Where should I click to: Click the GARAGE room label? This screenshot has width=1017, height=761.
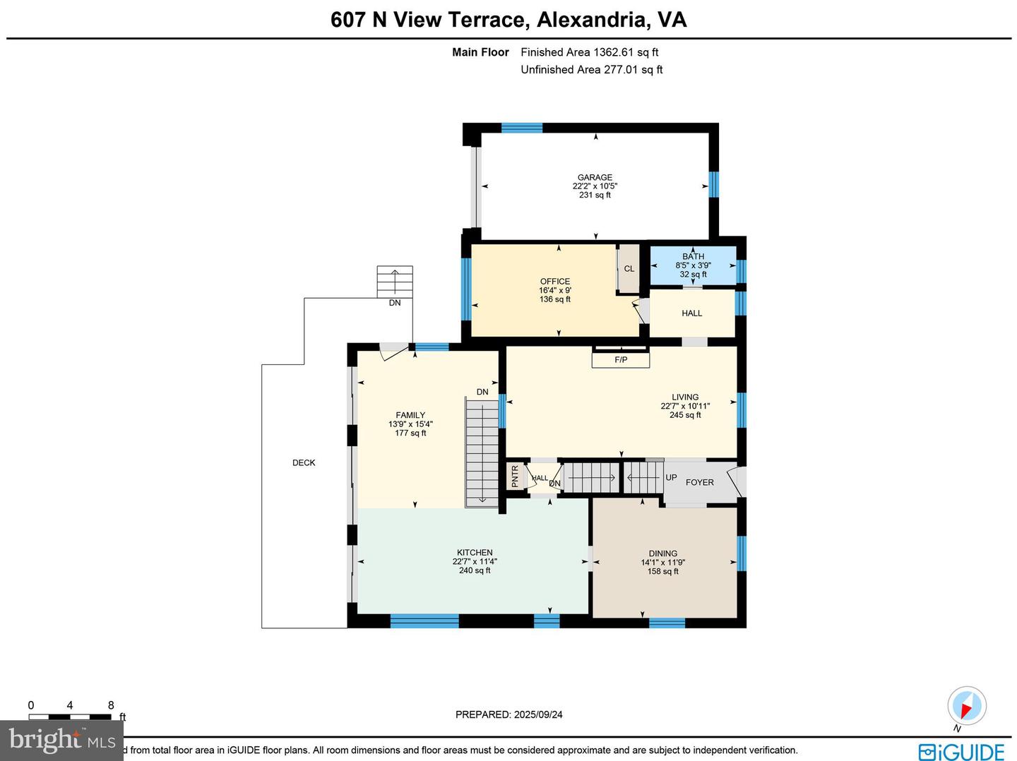coord(595,178)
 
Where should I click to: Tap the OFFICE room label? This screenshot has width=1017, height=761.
coord(555,282)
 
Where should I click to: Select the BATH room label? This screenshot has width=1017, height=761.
coord(693,257)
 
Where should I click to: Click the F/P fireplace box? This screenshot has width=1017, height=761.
coord(621,360)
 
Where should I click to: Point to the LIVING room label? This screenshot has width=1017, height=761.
coord(685,397)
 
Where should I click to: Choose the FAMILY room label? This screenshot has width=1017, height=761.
coord(410,416)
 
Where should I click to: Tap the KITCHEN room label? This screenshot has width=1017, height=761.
coord(475,553)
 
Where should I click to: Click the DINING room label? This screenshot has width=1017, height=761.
coord(663,553)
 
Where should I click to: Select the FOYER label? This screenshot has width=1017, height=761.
coord(700,483)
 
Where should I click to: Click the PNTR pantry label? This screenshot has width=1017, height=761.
coord(515,477)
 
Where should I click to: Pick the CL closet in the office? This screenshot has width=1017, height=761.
coord(629,269)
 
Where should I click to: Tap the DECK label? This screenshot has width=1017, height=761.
coord(304,463)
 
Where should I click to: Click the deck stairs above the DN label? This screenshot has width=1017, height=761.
coord(395,281)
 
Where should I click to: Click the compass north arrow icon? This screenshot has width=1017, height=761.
coord(966,705)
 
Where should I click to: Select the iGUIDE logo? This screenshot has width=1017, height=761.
coord(961,751)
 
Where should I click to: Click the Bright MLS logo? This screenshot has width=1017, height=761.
coord(62,740)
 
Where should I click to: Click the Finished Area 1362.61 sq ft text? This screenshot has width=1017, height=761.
coord(589,52)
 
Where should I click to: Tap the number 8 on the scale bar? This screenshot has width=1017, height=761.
coord(111,705)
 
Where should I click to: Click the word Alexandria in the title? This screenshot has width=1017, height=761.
coord(593,19)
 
